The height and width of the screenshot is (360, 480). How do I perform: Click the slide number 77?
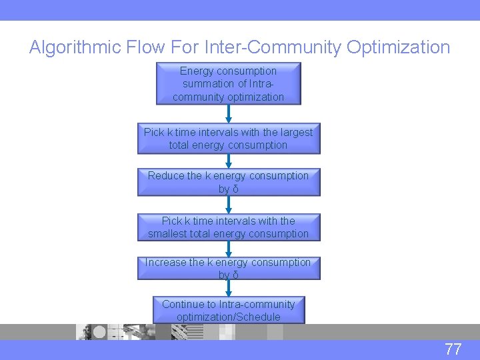coord(453,349)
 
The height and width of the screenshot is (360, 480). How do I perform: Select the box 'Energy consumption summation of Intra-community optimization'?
coord(228,84)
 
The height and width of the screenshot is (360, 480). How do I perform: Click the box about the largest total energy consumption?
coord(228,139)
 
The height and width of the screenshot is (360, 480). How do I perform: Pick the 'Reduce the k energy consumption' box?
coord(228,182)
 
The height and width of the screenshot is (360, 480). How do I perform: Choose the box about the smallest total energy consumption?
coord(228,227)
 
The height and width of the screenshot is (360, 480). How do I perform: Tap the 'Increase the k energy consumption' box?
coord(228,269)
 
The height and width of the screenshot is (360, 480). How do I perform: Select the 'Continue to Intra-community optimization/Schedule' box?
coord(228,311)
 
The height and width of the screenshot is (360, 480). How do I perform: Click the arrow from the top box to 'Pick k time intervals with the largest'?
coord(228,114)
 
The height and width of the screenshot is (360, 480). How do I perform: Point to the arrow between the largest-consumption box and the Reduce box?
coord(228,161)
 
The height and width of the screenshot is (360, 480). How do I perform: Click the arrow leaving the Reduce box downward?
coord(228,205)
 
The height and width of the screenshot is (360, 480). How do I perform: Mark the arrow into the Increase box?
coord(228,249)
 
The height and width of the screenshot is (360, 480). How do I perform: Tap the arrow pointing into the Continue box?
coord(228,288)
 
